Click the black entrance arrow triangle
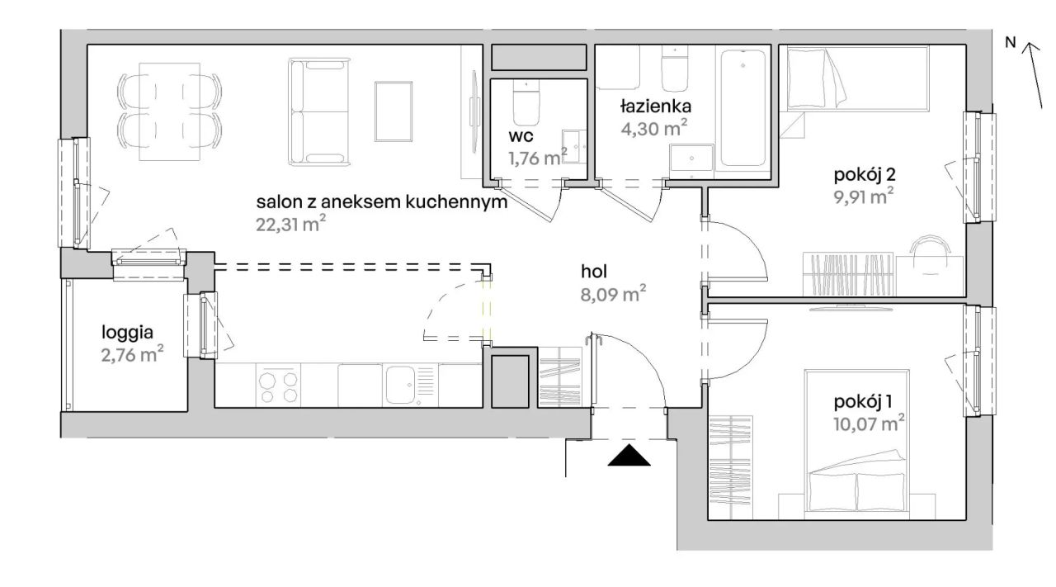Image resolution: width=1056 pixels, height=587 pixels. tap(629, 456)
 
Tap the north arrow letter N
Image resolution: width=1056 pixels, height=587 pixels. tap(1011, 42)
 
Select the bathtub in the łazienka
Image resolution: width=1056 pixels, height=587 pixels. tap(743, 108)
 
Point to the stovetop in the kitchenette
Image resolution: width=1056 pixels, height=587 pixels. tap(279, 386)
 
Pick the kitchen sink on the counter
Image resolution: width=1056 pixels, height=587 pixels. tap(403, 386)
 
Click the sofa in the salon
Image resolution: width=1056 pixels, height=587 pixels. tap(320, 112)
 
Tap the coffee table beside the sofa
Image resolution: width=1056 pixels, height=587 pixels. tap(394, 111)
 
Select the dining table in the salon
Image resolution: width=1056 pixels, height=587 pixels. tap(170, 111)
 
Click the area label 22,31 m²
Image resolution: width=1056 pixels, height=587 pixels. tap(291, 224)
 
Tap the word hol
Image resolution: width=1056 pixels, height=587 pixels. tap(594, 272)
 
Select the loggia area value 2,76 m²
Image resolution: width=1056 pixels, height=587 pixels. tap(133, 354)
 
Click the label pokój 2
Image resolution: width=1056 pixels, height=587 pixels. tap(865, 175)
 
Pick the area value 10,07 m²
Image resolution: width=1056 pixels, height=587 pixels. tap(869, 424)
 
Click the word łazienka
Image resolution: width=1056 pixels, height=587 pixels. tap(656, 107)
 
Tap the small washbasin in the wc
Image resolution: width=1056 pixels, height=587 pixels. tap(574, 147)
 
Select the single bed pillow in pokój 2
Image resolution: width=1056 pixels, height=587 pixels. tap(808, 78)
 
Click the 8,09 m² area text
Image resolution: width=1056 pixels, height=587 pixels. tap(613, 295)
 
